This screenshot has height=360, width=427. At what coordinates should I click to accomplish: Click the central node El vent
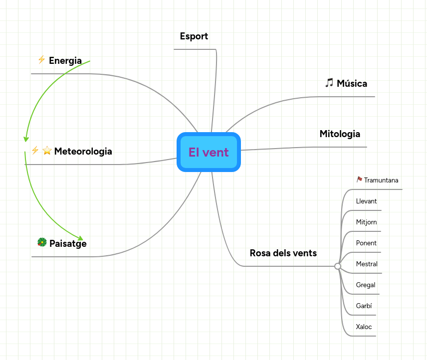tap(209, 152)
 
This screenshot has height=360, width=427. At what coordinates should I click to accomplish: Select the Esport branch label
tap(194, 36)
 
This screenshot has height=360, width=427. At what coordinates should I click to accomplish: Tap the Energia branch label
tap(65, 61)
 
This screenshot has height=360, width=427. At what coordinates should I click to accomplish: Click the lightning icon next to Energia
tap(41, 60)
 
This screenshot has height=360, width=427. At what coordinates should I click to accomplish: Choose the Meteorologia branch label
tap(83, 151)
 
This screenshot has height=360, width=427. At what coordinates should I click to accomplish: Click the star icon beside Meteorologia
tap(47, 151)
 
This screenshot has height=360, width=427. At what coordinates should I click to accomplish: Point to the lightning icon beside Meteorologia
tap(35, 150)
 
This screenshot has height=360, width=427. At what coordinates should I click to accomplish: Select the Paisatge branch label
tap(68, 243)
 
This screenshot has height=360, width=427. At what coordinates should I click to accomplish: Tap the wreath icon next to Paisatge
tap(42, 242)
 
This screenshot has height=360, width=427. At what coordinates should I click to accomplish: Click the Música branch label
tap(352, 83)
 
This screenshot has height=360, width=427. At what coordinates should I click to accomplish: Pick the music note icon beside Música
tap(329, 83)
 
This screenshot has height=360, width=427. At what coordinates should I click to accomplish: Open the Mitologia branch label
tap(340, 134)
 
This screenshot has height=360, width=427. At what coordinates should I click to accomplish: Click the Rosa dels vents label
tap(283, 253)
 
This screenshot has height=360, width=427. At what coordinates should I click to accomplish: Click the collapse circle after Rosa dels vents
tap(338, 266)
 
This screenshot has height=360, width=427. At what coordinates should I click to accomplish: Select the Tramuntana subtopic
tap(381, 180)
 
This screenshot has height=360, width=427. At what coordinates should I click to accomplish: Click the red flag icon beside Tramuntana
tap(359, 180)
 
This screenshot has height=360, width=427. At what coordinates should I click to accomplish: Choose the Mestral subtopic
tap(367, 264)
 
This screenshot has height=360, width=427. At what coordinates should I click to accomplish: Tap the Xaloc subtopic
tap(364, 327)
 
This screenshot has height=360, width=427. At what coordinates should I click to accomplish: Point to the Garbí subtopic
tap(364, 306)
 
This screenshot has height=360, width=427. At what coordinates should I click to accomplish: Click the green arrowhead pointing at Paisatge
tap(80, 238)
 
